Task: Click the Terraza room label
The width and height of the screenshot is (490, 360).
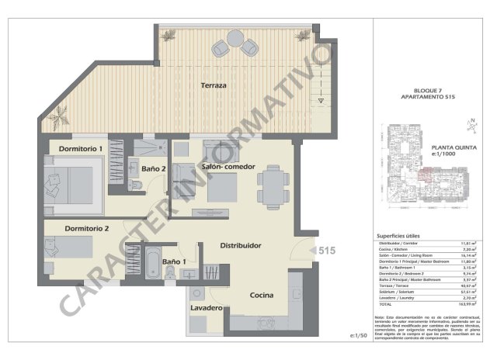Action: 214,85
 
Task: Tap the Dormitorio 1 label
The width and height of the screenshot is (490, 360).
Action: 81,148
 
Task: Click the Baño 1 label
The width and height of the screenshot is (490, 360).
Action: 175,262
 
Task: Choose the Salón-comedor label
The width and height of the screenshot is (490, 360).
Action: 229,167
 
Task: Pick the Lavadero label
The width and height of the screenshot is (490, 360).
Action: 207,309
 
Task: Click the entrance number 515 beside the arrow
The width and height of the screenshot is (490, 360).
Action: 326,251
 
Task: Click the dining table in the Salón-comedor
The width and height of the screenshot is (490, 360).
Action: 273,188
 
